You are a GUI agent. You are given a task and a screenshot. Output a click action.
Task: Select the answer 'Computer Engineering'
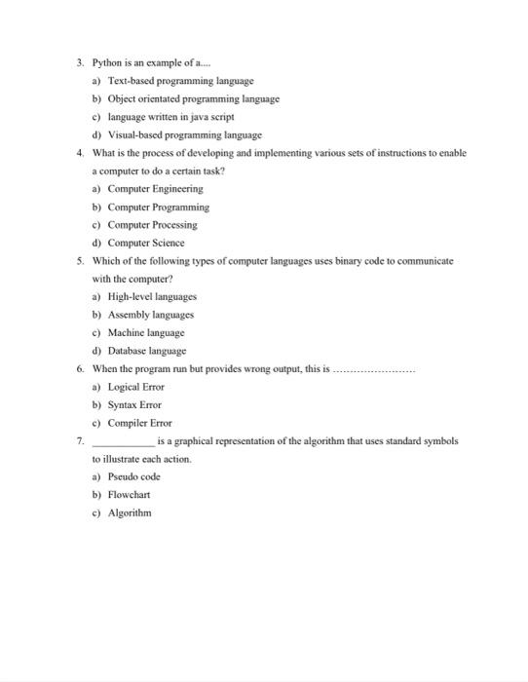(x=155, y=189)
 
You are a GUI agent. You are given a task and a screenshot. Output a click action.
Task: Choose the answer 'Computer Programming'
(x=158, y=207)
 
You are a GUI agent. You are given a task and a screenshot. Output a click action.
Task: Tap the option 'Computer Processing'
(x=152, y=225)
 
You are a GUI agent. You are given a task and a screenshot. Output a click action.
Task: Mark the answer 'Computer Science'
(x=145, y=243)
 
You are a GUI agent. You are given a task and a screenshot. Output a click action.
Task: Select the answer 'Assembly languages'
(x=150, y=315)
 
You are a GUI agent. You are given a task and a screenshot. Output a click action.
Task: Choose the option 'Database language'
(x=146, y=351)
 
